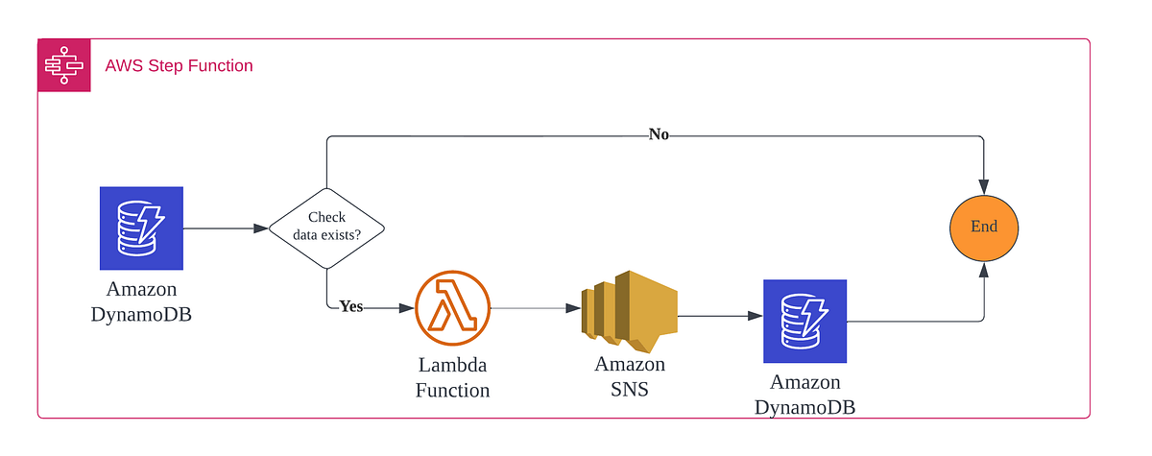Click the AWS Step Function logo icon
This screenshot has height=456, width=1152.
[x=64, y=65]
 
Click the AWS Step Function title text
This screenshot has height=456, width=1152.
[x=179, y=66]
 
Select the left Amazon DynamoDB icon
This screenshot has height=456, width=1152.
[x=141, y=228]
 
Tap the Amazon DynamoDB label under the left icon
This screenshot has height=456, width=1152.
[x=141, y=300]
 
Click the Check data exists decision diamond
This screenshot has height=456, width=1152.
[x=326, y=228]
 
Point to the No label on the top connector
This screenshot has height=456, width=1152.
[x=659, y=134]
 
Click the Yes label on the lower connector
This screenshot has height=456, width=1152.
[x=350, y=307]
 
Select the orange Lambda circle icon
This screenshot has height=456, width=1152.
[x=453, y=308]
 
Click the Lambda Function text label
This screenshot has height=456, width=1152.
[x=453, y=377]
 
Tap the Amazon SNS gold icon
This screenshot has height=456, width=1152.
[x=629, y=308]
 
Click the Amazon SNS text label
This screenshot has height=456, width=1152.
[x=629, y=376]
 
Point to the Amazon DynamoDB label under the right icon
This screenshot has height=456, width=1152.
[x=804, y=396]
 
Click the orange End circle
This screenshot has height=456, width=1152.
[x=984, y=228]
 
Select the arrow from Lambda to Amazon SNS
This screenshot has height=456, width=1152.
[x=538, y=308]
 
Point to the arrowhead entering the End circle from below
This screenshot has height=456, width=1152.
[x=984, y=272]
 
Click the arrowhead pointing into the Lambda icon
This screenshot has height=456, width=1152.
[x=407, y=308]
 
